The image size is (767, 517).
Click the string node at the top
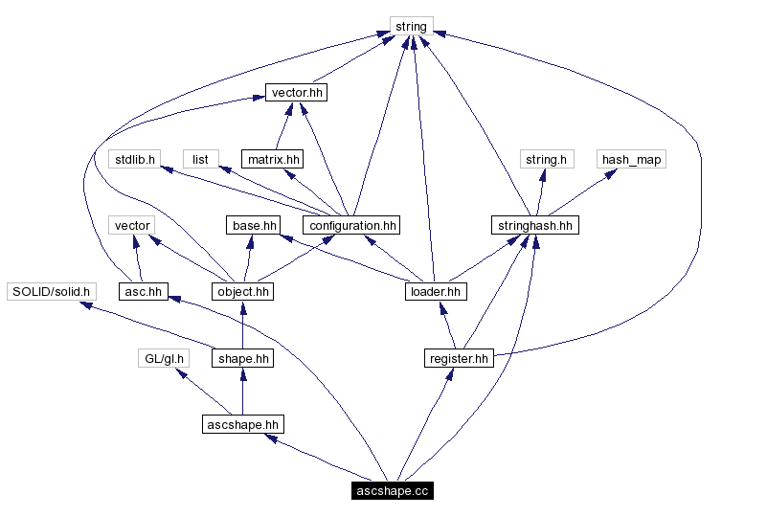(x=411, y=26)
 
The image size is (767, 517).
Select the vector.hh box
(x=297, y=93)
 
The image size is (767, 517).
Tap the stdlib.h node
(x=134, y=159)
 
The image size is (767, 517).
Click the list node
(x=200, y=159)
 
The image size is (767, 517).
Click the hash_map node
(x=631, y=159)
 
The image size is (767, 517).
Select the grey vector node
(x=132, y=225)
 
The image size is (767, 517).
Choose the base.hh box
(x=253, y=225)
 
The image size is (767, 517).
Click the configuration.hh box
(x=350, y=225)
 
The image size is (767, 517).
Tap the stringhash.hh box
(x=535, y=225)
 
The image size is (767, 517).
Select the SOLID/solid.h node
(x=51, y=291)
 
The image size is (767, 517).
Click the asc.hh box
(x=144, y=291)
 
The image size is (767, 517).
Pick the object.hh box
(x=242, y=291)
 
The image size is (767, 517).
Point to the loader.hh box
(x=435, y=291)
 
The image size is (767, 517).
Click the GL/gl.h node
(x=162, y=358)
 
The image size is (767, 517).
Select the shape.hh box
(x=242, y=358)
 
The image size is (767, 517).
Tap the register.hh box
(x=458, y=358)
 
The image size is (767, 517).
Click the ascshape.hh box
(x=243, y=424)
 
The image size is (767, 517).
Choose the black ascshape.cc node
(x=392, y=490)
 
